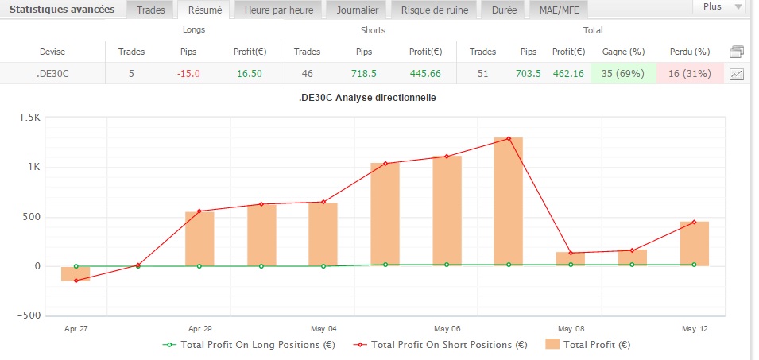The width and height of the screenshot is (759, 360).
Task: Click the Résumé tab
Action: tap(204, 10)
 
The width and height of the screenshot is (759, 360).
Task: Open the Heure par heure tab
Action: tap(273, 10)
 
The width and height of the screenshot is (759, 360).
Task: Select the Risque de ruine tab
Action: tap(434, 10)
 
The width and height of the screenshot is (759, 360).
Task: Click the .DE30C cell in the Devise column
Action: tap(52, 73)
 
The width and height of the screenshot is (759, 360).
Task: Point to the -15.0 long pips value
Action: tap(188, 73)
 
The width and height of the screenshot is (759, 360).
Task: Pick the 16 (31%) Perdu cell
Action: tap(690, 73)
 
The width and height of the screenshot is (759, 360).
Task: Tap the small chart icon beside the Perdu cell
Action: tap(737, 74)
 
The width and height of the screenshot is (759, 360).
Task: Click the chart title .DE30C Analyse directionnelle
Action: tap(379, 98)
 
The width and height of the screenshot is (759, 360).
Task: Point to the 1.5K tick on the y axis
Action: tap(30, 118)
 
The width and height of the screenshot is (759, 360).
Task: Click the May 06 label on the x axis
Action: tap(447, 327)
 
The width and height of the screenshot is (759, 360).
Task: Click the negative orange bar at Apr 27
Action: tap(76, 273)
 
